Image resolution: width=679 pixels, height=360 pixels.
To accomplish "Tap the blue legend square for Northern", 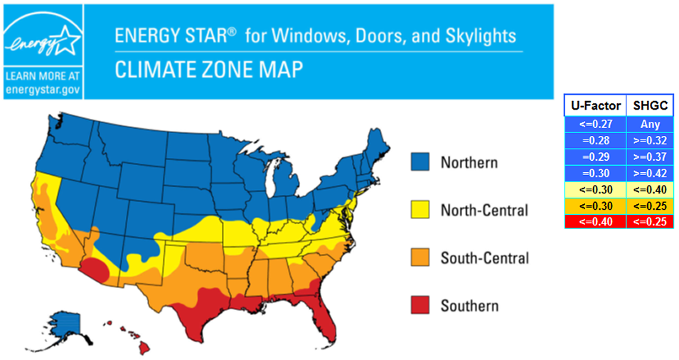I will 421,162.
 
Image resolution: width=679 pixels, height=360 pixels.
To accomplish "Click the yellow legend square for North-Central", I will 421,209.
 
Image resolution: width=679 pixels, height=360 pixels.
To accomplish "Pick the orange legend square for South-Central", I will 421,258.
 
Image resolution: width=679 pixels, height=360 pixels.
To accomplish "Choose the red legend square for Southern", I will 421,305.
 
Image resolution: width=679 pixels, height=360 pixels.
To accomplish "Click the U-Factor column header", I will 595,105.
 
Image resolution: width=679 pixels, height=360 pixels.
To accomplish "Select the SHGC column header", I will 650,105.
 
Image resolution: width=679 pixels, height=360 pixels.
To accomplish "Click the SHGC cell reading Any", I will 650,125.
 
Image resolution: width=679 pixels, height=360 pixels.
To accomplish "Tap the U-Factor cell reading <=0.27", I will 595,125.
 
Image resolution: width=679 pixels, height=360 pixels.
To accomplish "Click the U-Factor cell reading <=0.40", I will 595,221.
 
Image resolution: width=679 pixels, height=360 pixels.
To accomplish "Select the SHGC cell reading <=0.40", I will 650,189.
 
